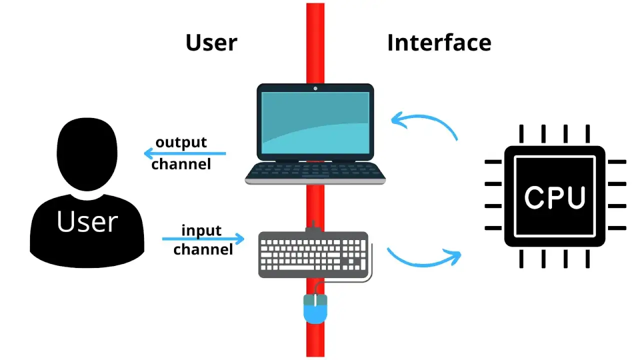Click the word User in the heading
click(x=211, y=43)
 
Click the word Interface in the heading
click(x=439, y=42)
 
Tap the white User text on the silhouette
click(x=87, y=221)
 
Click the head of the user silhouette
click(x=87, y=154)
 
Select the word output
click(x=181, y=142)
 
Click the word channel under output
click(x=181, y=164)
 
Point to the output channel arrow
click(x=185, y=153)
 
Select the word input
click(x=201, y=230)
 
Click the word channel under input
click(x=203, y=249)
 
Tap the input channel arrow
click(x=203, y=238)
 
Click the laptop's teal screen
click(x=315, y=123)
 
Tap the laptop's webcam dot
click(x=315, y=88)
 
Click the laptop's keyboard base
click(x=315, y=173)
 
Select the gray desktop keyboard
click(x=313, y=254)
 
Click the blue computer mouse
click(x=315, y=309)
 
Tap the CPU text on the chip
click(x=555, y=197)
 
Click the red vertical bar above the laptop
click(x=315, y=43)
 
